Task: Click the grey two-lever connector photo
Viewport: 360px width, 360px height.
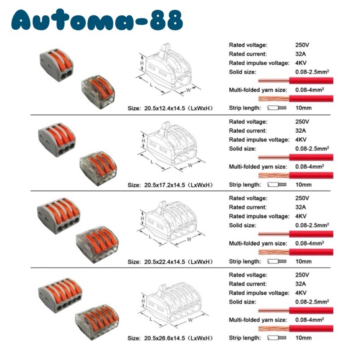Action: pos(55,63)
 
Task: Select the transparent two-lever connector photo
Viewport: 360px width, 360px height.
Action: pos(97,90)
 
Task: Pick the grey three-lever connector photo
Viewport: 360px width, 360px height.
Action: pos(55,140)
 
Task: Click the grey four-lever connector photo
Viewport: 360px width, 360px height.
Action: pos(56,215)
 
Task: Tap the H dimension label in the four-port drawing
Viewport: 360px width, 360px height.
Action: pos(142,218)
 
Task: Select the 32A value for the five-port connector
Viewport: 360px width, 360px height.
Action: pos(301,284)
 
